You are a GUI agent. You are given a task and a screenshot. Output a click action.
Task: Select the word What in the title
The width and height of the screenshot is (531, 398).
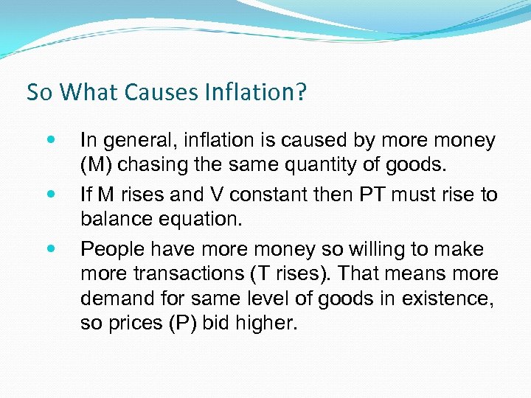pos(90,92)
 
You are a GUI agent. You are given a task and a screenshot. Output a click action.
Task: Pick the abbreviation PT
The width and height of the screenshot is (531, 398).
pos(373,195)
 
